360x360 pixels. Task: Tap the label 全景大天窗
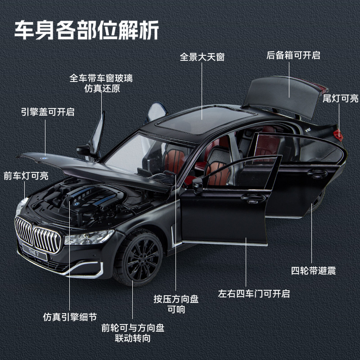pyautogui.click(x=202, y=57)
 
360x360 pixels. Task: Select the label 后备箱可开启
pyautogui.click(x=293, y=55)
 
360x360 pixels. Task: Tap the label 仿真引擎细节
pyautogui.click(x=70, y=316)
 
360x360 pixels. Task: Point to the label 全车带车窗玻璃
pyautogui.click(x=101, y=78)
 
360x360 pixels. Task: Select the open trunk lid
pyautogui.click(x=286, y=94)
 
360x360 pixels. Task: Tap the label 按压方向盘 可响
pyautogui.click(x=176, y=304)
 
